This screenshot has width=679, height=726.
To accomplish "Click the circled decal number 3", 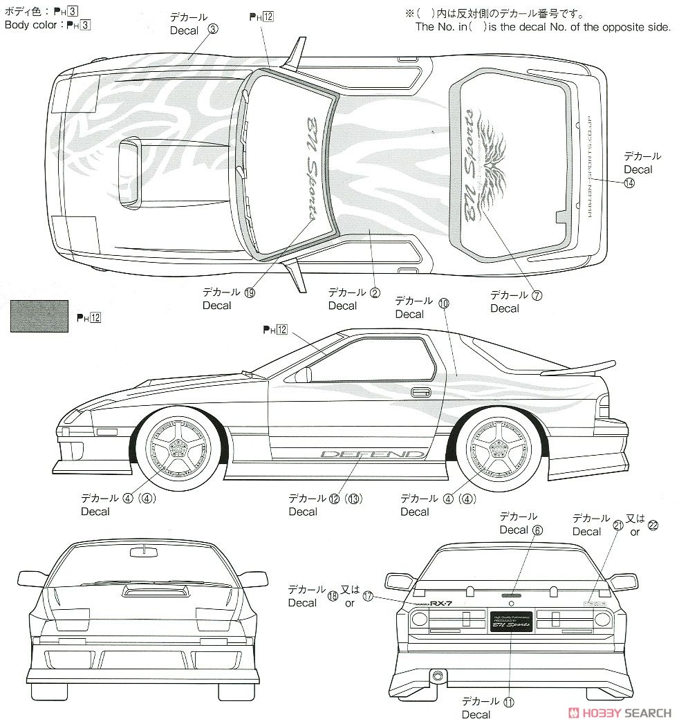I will pyautogui.click(x=212, y=29).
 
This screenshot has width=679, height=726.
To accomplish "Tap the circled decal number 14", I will pyautogui.click(x=629, y=183).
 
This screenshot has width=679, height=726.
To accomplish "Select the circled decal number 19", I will pyautogui.click(x=249, y=292).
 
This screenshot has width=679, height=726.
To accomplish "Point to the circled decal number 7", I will pyautogui.click(x=537, y=295).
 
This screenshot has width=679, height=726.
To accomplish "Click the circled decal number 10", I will pyautogui.click(x=443, y=303).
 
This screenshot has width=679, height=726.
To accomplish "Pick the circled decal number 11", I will pyautogui.click(x=510, y=701).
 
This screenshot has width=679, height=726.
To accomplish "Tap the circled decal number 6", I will pyautogui.click(x=537, y=530).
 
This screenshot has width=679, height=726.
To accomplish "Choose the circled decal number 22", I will pyautogui.click(x=653, y=525).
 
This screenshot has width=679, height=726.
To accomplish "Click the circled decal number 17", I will pyautogui.click(x=367, y=596).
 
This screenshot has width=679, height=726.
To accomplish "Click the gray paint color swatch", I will pyautogui.click(x=39, y=316).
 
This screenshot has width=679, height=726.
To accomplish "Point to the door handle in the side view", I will pyautogui.click(x=420, y=393).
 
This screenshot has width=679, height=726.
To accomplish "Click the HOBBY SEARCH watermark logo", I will pyautogui.click(x=619, y=713).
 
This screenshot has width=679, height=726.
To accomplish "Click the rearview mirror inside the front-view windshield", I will pyautogui.click(x=142, y=550).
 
